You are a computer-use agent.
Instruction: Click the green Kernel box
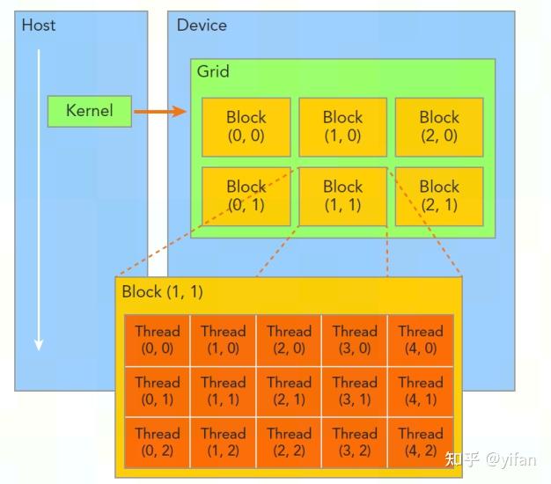coord(89,111)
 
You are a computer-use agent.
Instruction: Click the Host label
coord(39,25)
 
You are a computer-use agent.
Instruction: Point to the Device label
coord(202,25)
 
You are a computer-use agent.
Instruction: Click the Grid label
coord(213,71)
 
